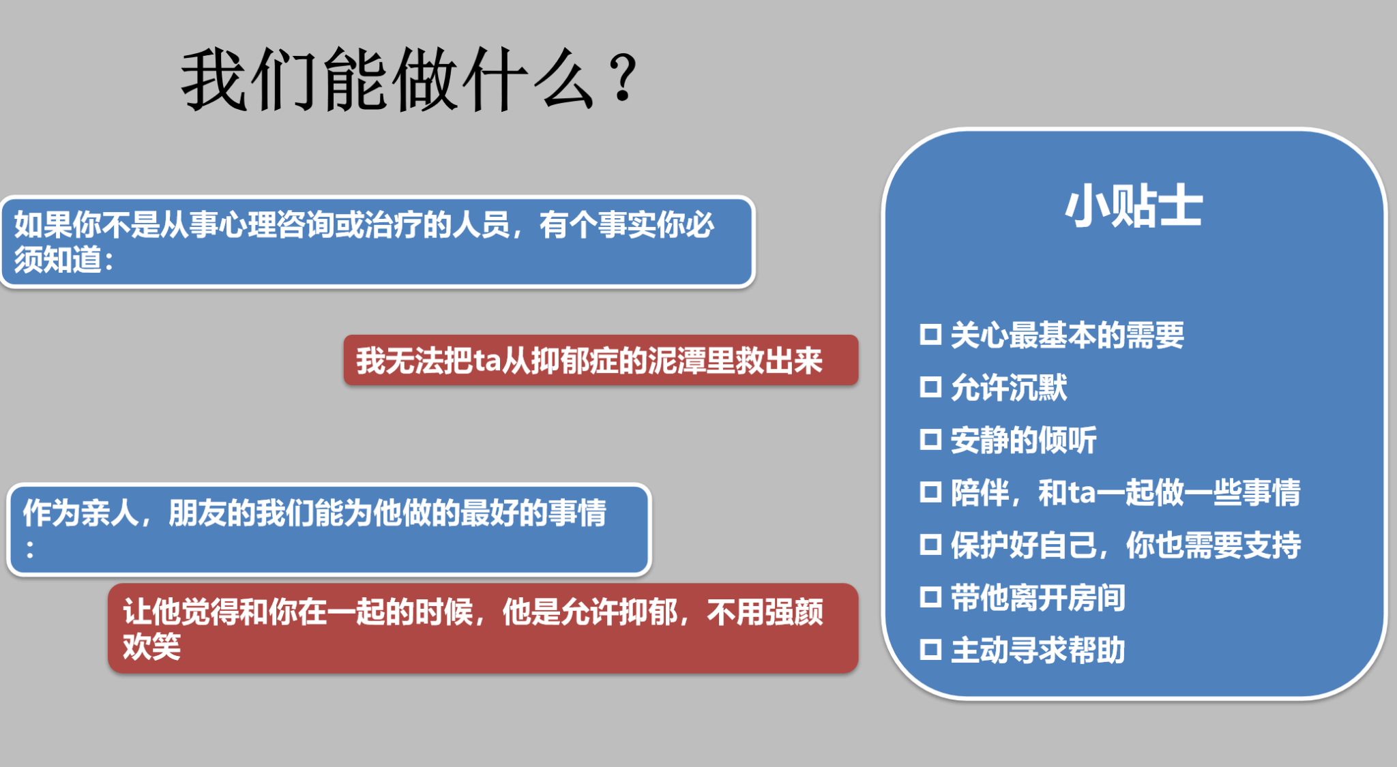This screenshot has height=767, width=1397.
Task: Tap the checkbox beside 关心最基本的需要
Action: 930,335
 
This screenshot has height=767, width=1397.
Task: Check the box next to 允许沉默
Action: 930,387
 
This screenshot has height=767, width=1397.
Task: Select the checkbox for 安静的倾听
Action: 930,440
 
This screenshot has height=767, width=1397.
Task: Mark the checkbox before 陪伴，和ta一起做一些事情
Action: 930,492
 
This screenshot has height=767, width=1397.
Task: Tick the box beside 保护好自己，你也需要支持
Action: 930,545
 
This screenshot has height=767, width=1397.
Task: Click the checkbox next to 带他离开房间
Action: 930,597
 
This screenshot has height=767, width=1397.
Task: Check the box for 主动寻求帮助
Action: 930,650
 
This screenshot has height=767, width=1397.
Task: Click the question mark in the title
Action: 623,78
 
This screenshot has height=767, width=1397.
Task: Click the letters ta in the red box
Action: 487,361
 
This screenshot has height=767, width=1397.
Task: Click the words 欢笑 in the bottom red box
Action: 151,646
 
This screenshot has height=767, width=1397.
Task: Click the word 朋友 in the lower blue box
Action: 197,513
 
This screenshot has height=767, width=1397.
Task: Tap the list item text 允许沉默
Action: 1009,387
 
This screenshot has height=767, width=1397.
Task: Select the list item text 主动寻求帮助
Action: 1038,650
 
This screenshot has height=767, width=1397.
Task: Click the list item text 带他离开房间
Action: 1038,597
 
